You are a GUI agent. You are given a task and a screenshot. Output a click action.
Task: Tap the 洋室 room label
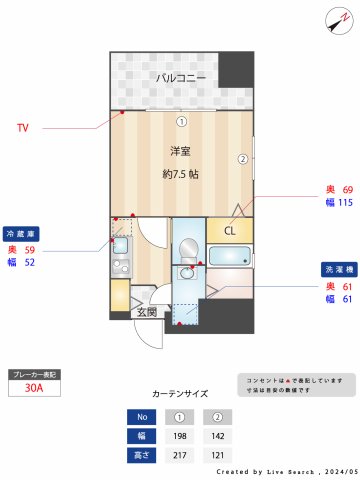(x=180, y=151)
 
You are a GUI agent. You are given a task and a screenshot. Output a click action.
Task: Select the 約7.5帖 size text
(x=180, y=173)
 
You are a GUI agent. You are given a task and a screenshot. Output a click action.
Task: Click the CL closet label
(x=229, y=231)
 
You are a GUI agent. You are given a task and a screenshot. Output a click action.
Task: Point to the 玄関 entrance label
(x=146, y=312)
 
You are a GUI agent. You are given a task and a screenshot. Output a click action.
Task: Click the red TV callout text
(x=22, y=127)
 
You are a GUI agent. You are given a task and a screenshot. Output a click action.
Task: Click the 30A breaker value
(x=33, y=389)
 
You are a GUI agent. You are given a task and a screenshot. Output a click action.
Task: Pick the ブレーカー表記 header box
(x=33, y=374)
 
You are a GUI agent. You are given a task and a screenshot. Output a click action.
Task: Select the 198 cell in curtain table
(x=181, y=436)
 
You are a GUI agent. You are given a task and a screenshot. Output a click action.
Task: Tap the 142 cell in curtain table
(x=217, y=436)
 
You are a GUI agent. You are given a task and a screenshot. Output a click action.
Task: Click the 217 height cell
(x=181, y=455)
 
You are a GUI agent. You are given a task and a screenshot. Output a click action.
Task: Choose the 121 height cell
(x=217, y=455)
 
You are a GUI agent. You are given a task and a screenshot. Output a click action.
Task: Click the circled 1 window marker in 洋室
(x=181, y=122)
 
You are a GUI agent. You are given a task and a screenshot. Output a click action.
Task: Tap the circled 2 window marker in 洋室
(x=241, y=158)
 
